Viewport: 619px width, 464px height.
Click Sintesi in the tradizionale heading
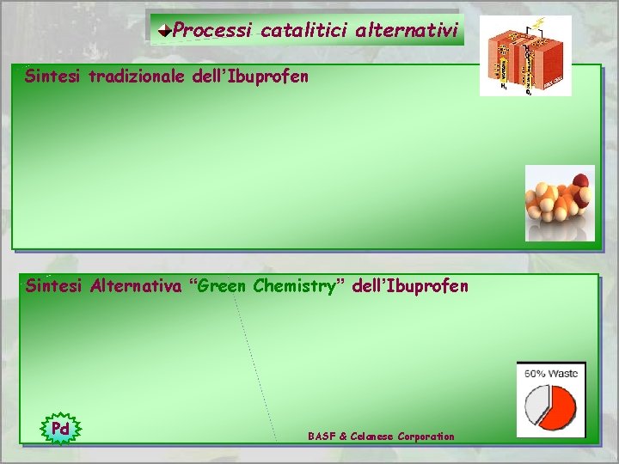(53, 76)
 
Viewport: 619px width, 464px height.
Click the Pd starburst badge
(60, 428)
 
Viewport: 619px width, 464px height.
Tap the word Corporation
(426, 437)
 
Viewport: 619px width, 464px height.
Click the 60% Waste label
(551, 373)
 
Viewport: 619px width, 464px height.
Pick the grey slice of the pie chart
(537, 402)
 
